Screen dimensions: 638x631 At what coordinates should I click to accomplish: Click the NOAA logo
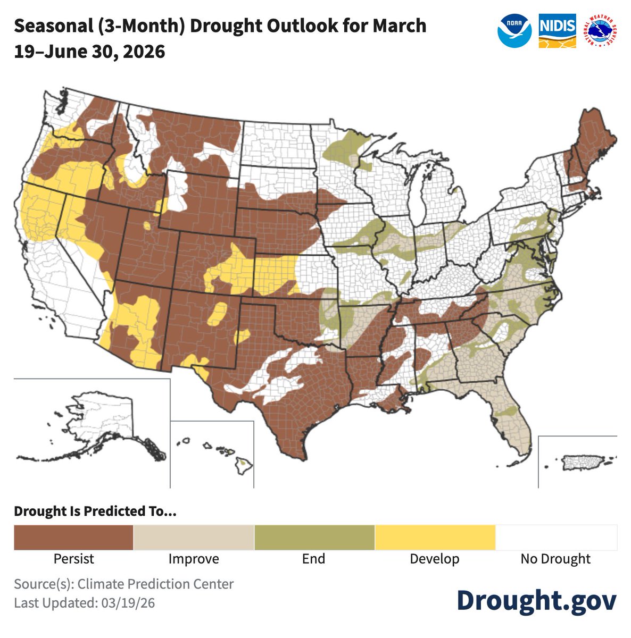click(x=514, y=30)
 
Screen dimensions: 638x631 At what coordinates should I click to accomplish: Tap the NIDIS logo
click(x=557, y=31)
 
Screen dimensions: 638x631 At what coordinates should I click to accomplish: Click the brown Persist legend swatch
click(x=73, y=538)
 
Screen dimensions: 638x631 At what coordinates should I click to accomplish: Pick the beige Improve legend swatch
click(x=194, y=538)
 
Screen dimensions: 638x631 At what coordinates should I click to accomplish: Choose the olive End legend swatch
click(x=314, y=538)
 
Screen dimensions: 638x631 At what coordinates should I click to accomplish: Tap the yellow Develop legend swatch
click(x=435, y=538)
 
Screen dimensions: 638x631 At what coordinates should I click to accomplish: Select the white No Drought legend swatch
click(x=555, y=538)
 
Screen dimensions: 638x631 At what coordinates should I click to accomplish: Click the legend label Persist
click(x=73, y=559)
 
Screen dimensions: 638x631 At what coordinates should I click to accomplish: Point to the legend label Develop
click(x=435, y=559)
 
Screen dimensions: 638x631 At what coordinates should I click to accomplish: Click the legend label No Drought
click(x=555, y=559)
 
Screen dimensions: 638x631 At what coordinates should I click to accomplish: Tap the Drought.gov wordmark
click(x=536, y=600)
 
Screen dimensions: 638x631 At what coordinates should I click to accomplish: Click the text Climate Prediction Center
click(x=155, y=584)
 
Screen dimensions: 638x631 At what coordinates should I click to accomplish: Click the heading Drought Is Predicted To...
click(x=95, y=511)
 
